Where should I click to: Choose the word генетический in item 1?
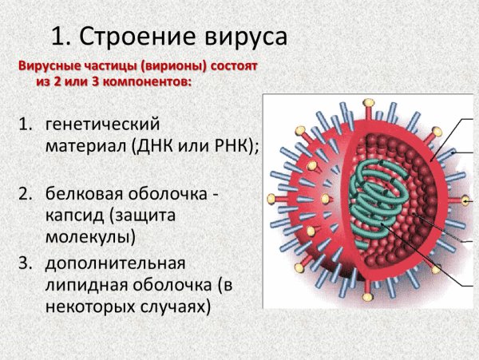point(103,125)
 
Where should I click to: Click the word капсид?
point(74,216)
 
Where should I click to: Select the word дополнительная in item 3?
point(115,264)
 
